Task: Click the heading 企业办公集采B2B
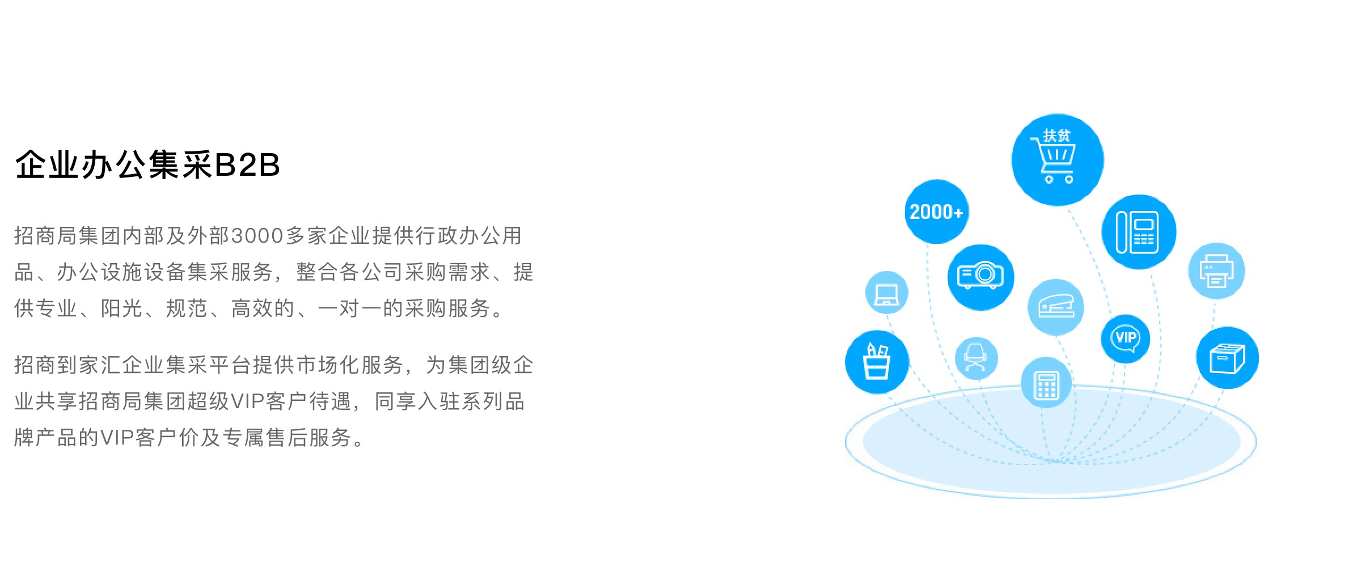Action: coord(147,165)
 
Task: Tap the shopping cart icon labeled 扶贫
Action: coord(1057,160)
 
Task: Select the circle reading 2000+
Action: coord(936,212)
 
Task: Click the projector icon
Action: coord(980,277)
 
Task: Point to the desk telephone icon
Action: coord(1139,232)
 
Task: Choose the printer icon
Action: coord(1216,271)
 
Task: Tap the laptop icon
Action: coord(887,293)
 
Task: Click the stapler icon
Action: coord(1055,307)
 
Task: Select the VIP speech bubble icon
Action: coord(1126,339)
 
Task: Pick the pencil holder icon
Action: coord(877,362)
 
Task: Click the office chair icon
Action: coord(975,358)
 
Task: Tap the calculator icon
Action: coord(1046,383)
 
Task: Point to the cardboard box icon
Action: coord(1227,358)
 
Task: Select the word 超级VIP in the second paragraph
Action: coord(225,401)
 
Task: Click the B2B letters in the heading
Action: coord(248,166)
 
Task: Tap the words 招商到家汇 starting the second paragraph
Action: coord(67,365)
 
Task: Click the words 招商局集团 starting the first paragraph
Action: coord(67,236)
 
